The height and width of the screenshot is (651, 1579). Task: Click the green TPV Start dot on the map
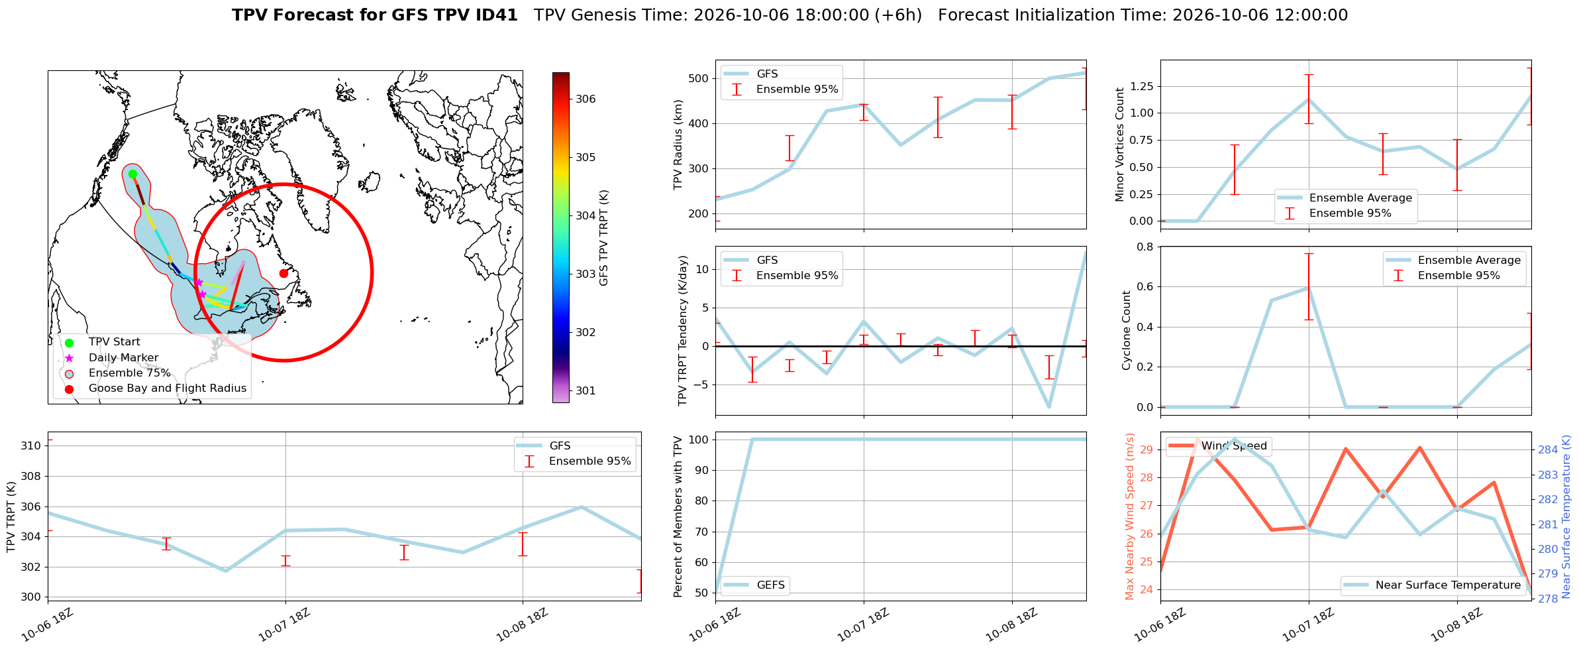[x=132, y=174]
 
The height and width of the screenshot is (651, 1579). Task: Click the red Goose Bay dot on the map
[x=283, y=273]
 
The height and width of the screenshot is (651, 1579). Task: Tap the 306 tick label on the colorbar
[x=586, y=99]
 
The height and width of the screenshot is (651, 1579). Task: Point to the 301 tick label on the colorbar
[x=586, y=391]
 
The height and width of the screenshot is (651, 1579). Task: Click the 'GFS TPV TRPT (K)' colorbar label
[x=604, y=238]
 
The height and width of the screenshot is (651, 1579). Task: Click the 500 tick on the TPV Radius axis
[x=698, y=78]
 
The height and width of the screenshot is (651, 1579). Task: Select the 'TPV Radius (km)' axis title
[x=678, y=145]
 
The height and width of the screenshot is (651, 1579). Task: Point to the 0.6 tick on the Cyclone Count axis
[x=1145, y=287]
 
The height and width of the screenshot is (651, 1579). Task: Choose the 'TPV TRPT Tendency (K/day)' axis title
[x=684, y=331]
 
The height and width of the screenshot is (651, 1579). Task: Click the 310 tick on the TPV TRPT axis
[x=30, y=445]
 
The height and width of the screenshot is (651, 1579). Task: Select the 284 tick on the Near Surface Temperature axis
[x=1548, y=450]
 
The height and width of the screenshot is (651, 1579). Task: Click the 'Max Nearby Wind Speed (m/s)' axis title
[x=1130, y=516]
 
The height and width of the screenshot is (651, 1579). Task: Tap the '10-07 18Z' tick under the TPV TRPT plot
[x=284, y=624]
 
